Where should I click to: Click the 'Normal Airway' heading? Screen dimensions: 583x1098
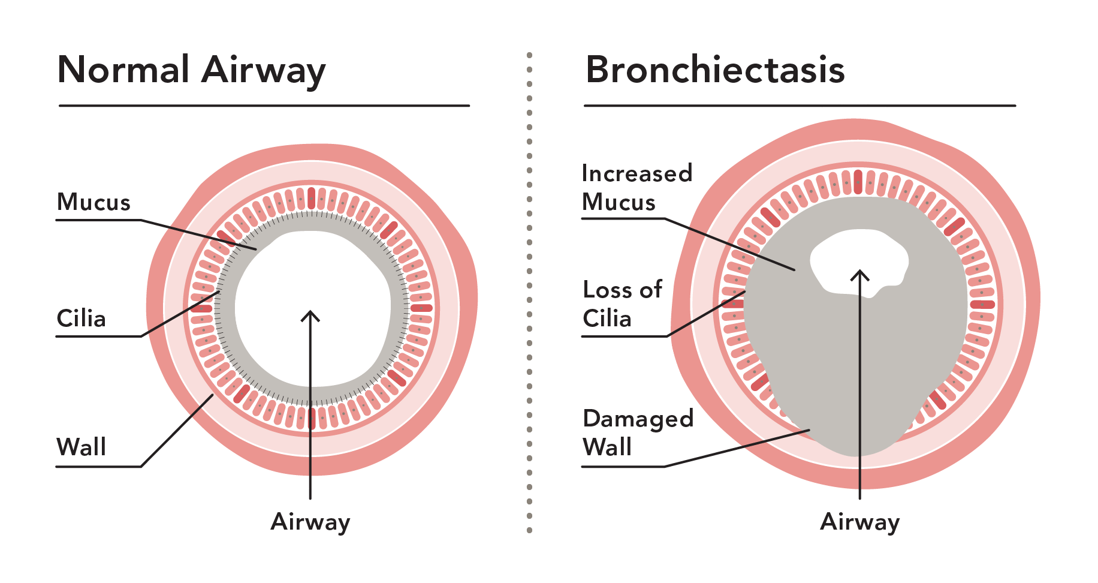tap(191, 71)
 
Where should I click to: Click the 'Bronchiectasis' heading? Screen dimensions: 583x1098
tap(715, 70)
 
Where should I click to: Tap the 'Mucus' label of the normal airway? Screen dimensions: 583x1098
tap(93, 203)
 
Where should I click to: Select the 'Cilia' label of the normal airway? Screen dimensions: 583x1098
tap(81, 318)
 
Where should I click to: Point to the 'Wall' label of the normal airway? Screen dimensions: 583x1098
tap(81, 447)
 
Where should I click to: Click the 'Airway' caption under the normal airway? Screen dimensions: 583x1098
tap(310, 522)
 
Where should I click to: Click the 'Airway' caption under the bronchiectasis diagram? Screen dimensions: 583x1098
tap(859, 522)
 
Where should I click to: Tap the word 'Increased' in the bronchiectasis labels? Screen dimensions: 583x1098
tap(637, 173)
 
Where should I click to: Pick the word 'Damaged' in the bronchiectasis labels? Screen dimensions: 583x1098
tap(638, 419)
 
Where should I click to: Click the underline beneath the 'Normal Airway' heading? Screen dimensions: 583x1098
tap(264, 106)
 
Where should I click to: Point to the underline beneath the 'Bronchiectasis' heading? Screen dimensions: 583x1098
tap(800, 106)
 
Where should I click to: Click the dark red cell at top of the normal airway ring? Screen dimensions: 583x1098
tap(311, 198)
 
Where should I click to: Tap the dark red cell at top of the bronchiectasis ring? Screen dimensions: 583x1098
tap(858, 181)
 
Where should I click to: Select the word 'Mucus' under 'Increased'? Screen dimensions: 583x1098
tap(619, 203)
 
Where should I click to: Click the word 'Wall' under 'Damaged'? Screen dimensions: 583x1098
tap(607, 447)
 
